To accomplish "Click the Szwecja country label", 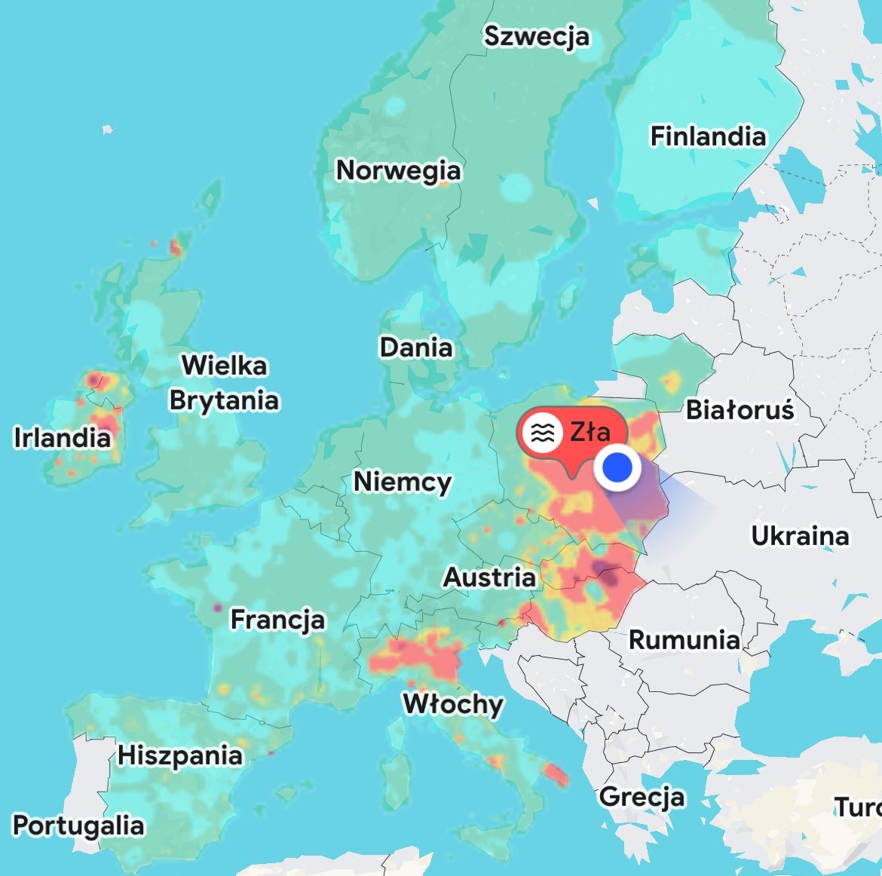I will point(536,36).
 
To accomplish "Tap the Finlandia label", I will point(708,136).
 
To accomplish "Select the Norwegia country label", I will point(398,170).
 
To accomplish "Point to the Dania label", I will point(416,348).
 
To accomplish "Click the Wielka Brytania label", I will point(224,383).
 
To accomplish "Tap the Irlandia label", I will point(62,437).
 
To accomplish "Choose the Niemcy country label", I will point(403,481).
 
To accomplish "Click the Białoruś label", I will point(740,410).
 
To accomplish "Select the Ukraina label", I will point(800,536).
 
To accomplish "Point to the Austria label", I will point(489,577).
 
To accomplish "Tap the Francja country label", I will point(277,620).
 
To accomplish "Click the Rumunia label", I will point(684,640).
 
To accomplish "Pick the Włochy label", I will point(453,704).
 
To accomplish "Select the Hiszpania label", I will point(180,755).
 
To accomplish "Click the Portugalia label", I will point(78,825).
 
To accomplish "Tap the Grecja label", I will point(642,797).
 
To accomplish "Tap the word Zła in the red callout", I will point(590,432).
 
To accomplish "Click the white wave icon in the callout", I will point(543,433).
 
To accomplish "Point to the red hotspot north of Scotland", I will point(176,247).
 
